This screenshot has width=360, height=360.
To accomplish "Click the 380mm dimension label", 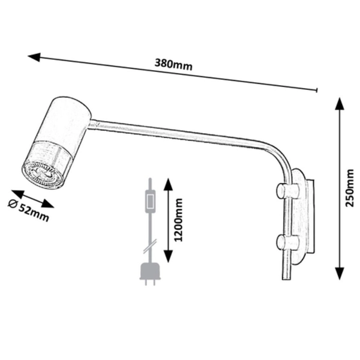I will pos(174,65).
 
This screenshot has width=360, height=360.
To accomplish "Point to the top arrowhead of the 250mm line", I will pos(338,104).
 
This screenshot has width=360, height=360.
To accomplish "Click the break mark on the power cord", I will pos(150,245).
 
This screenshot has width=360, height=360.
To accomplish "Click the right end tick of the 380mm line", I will pos(316,90).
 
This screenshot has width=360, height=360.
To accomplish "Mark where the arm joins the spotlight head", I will pos(91,124).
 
